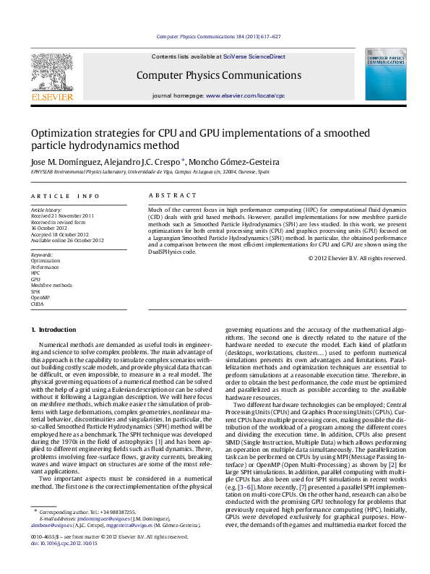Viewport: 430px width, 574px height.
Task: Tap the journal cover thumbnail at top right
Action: click(x=385, y=74)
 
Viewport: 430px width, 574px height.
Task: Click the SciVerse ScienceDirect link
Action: click(x=254, y=56)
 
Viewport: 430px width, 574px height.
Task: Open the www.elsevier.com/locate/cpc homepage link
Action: click(x=245, y=95)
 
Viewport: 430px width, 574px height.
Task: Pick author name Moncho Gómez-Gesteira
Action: click(x=236, y=162)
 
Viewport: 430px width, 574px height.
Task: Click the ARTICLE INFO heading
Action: click(x=65, y=196)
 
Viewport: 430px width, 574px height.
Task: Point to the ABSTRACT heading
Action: click(x=172, y=196)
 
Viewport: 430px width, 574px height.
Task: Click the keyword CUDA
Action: click(x=38, y=304)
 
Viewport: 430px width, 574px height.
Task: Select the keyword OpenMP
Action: click(x=40, y=298)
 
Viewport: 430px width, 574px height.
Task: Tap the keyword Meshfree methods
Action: click(x=51, y=286)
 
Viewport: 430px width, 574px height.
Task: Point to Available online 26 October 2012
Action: click(x=67, y=241)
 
